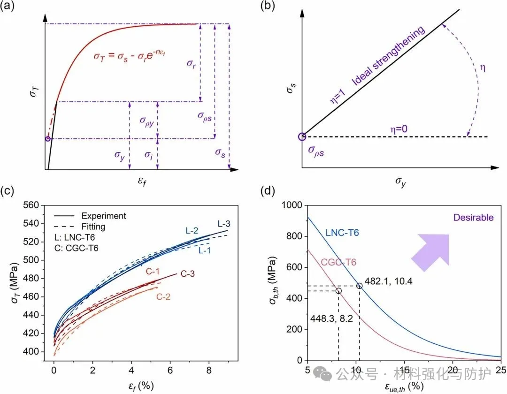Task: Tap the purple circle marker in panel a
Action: [47, 138]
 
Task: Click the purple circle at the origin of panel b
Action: [302, 137]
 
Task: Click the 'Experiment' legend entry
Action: [103, 216]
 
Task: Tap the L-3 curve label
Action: [224, 224]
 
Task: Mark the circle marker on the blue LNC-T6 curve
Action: [360, 286]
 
